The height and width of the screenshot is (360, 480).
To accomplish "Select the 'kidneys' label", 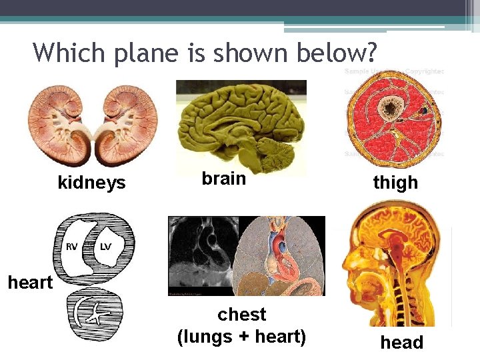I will click(91, 183).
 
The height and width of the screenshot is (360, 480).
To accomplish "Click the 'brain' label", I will click(224, 179).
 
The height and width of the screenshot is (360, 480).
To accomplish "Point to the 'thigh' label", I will click(395, 183).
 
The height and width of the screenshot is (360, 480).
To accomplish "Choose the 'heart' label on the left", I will click(30, 283).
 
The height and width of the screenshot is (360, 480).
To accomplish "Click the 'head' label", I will click(401, 343).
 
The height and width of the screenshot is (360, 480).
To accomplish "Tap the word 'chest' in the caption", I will click(241, 315).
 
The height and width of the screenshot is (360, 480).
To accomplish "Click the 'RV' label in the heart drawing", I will click(72, 247).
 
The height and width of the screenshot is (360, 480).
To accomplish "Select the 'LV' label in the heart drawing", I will click(105, 247).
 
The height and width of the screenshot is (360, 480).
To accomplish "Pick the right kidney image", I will click(126, 127).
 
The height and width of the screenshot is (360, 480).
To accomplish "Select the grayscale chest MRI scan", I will click(201, 256).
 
